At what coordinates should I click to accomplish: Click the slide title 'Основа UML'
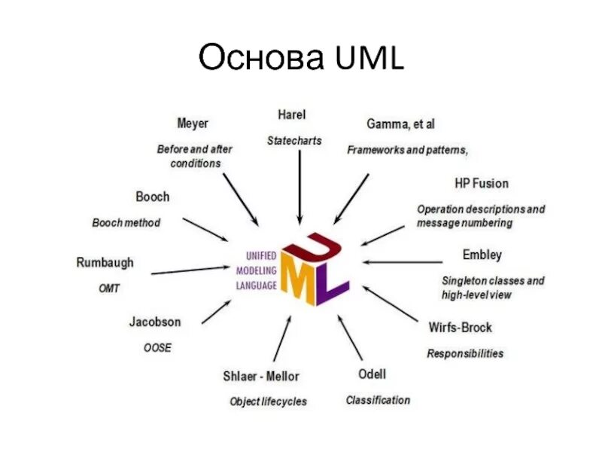click(300, 58)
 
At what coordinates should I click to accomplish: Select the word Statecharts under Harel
click(294, 141)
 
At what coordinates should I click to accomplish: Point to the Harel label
click(292, 115)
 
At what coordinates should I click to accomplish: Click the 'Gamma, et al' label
click(400, 124)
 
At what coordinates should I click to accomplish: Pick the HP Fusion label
click(482, 183)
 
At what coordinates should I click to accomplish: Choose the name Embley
click(482, 255)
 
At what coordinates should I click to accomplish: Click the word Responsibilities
click(465, 353)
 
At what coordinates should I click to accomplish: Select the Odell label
click(372, 374)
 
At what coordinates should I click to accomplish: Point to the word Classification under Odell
click(378, 400)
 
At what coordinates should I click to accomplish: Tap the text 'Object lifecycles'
click(268, 402)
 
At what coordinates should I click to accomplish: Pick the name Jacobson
click(155, 322)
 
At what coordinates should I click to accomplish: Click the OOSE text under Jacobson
click(157, 347)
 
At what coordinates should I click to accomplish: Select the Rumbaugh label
click(105, 263)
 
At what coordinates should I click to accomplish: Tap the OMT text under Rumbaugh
click(109, 288)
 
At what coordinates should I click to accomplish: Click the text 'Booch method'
click(126, 223)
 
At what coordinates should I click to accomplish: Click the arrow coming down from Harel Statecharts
click(300, 185)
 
